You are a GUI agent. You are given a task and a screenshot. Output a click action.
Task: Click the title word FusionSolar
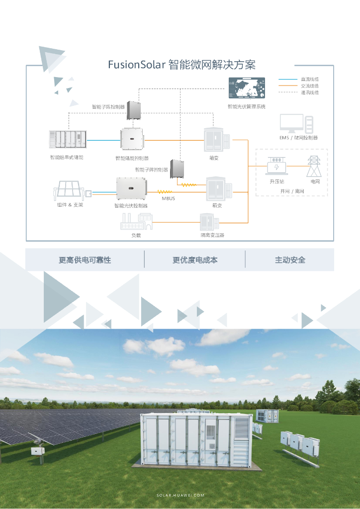pos(137,65)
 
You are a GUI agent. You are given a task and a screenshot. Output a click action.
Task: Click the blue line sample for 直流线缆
pos(287,79)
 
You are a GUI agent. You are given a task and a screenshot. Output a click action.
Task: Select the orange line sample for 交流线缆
pos(287,86)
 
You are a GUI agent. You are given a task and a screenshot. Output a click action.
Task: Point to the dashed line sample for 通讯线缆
pos(287,92)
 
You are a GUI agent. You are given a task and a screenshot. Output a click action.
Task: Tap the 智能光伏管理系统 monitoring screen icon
pos(247,89)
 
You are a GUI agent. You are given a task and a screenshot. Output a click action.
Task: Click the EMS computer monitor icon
pos(292,123)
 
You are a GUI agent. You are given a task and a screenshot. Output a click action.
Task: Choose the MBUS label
pos(168,198)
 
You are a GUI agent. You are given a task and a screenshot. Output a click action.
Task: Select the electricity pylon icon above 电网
pos(314,166)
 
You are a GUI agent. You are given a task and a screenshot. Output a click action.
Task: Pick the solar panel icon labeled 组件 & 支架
pos(69,190)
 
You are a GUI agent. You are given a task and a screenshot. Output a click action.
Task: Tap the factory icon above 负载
pos(136,222)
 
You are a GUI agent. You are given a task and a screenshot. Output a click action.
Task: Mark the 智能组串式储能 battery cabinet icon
pos(68,139)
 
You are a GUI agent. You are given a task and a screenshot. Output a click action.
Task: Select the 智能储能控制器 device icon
pos(132,139)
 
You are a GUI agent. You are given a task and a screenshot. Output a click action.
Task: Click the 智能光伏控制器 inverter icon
pos(130,189)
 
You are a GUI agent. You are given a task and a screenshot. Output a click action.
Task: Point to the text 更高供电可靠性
pos(85,260)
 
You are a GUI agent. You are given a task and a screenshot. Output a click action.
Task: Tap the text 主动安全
pos(290,260)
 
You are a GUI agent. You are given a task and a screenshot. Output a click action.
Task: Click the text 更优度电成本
pos(195,260)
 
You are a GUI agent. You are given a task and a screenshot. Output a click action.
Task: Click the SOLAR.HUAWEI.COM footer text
pos(180,496)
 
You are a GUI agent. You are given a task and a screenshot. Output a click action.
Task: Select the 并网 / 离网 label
pos(292,191)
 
